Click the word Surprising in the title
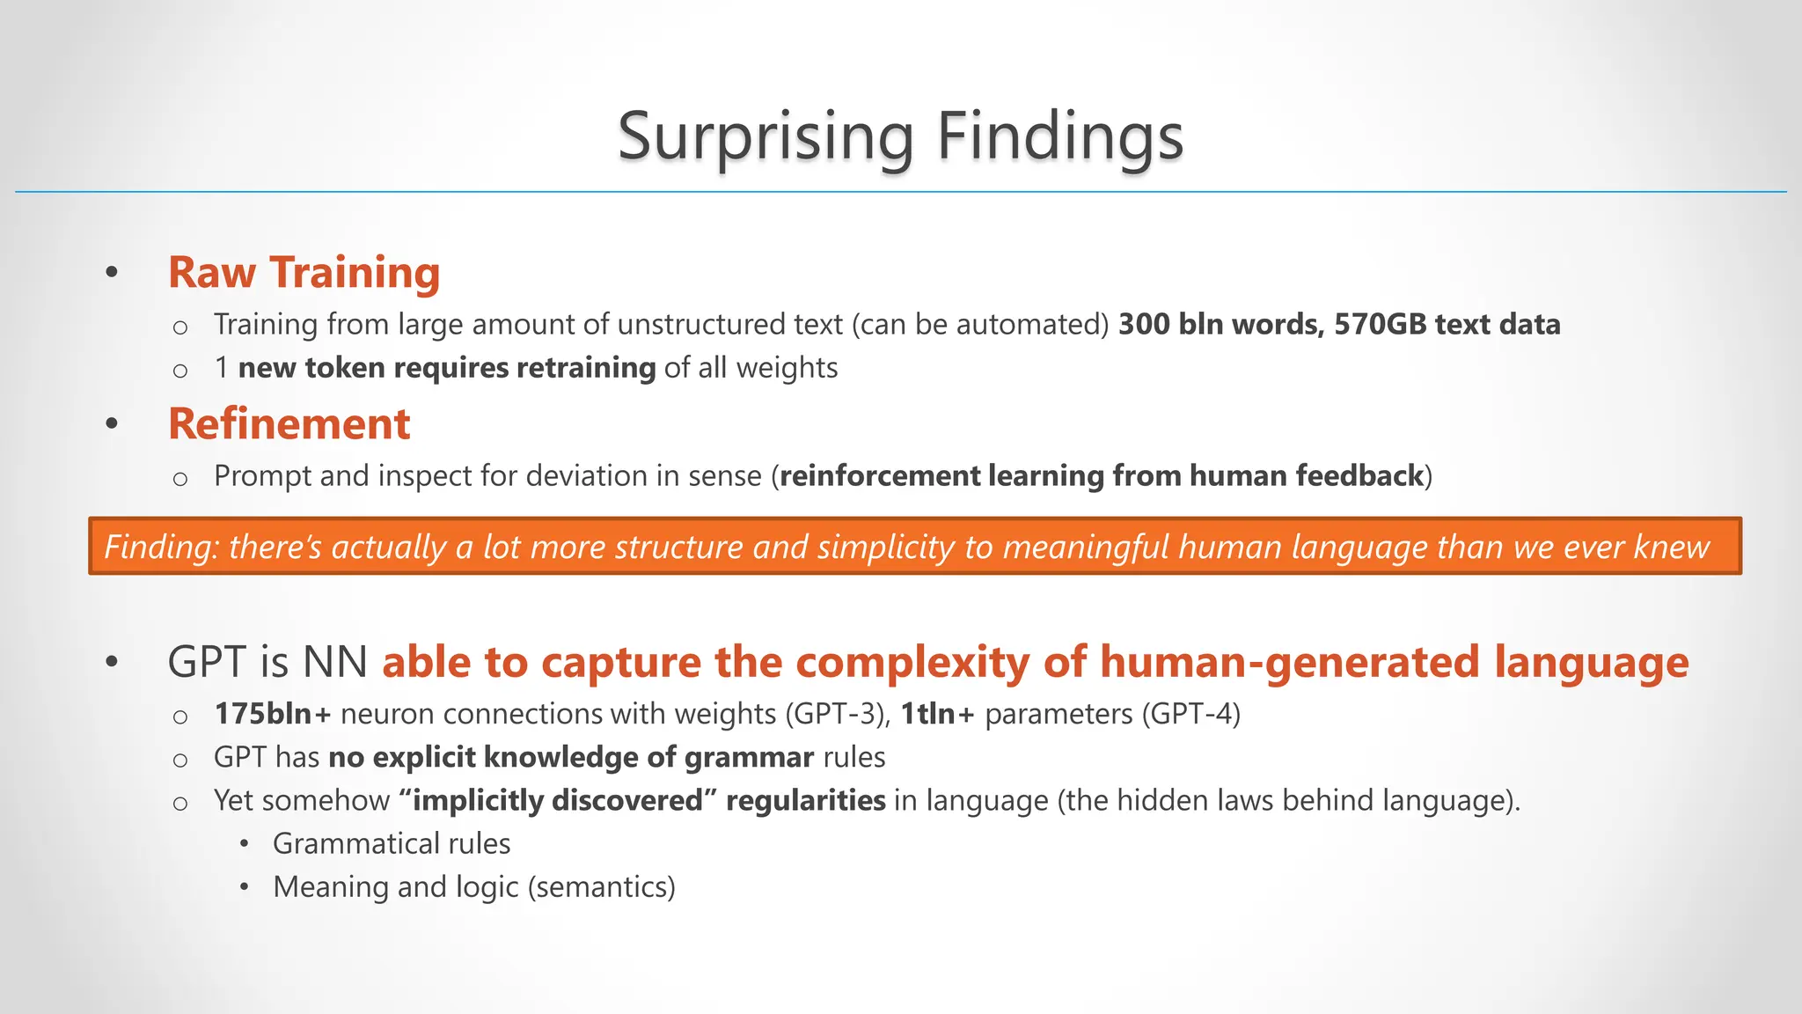click(765, 137)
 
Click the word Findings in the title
click(1059, 137)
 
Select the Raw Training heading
click(304, 272)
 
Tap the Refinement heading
click(289, 424)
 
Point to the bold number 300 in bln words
click(1143, 325)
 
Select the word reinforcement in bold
click(880, 476)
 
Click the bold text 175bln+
click(272, 714)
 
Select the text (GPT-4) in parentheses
click(1191, 714)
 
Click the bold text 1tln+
click(937, 714)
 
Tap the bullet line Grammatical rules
click(391, 844)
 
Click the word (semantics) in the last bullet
click(601, 887)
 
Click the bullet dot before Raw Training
click(111, 273)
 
